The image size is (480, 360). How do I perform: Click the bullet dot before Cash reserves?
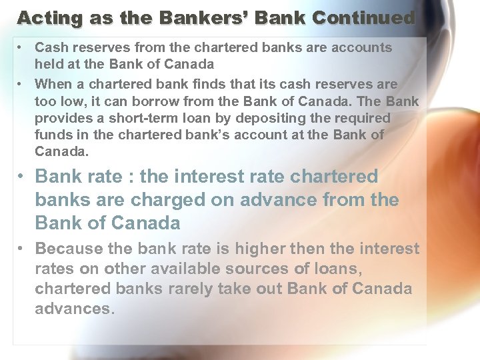point(23,48)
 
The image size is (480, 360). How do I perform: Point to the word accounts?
point(366,48)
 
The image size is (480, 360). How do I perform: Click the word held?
point(49,65)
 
